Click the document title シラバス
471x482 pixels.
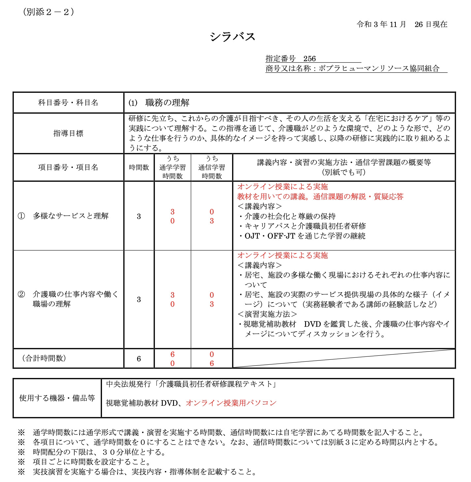click(x=233, y=37)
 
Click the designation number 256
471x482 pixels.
click(x=309, y=59)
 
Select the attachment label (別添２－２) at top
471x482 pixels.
click(x=49, y=12)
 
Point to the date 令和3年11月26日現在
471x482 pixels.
click(x=402, y=24)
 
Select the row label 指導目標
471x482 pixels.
click(x=68, y=133)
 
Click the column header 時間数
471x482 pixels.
click(x=139, y=167)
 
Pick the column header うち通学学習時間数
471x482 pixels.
click(x=172, y=167)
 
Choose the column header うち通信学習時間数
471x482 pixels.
click(x=212, y=167)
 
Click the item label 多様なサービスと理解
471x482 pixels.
click(x=71, y=216)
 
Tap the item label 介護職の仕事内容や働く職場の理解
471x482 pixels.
click(x=75, y=299)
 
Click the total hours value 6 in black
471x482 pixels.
click(x=139, y=359)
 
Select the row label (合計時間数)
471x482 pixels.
click(x=44, y=358)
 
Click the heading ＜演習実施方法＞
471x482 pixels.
click(x=267, y=314)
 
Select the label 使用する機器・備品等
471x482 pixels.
click(x=57, y=398)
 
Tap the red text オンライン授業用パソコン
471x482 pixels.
click(x=231, y=403)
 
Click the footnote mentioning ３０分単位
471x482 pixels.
click(x=99, y=452)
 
